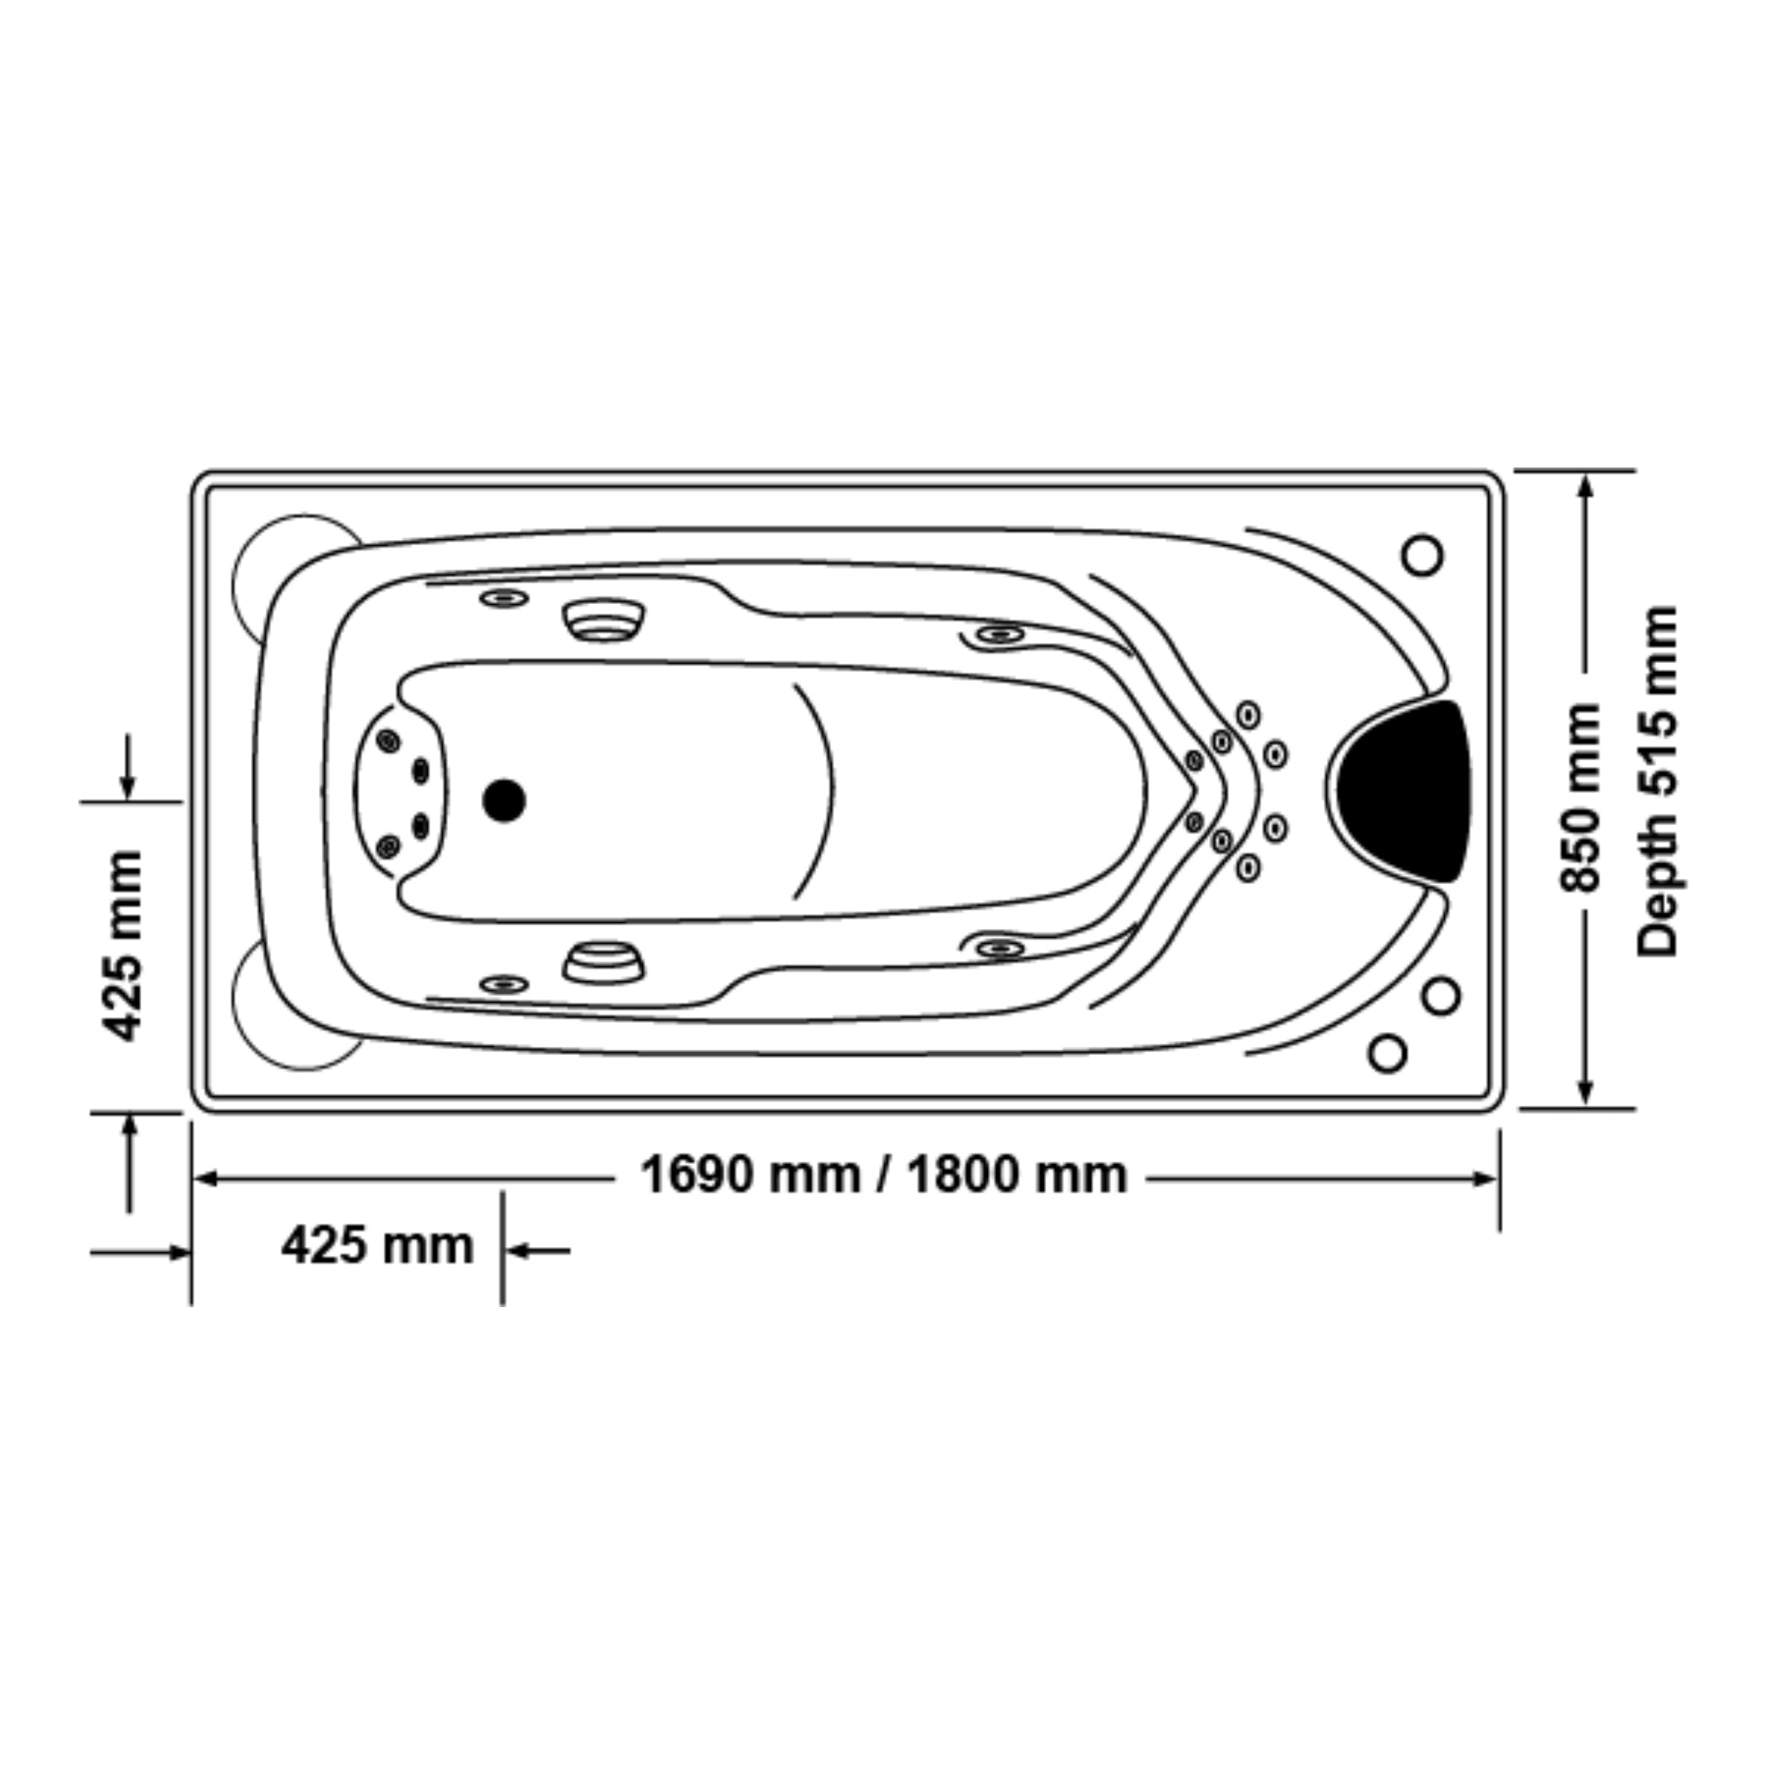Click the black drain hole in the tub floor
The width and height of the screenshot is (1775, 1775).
tap(504, 800)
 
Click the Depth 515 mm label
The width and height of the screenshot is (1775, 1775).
tap(1658, 781)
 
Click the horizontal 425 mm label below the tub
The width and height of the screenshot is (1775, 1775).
tap(378, 1246)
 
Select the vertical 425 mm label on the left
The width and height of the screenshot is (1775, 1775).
tap(124, 946)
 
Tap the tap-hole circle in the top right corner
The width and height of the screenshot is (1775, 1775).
tap(1422, 555)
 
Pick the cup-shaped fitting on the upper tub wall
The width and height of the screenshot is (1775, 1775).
tap(602, 618)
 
